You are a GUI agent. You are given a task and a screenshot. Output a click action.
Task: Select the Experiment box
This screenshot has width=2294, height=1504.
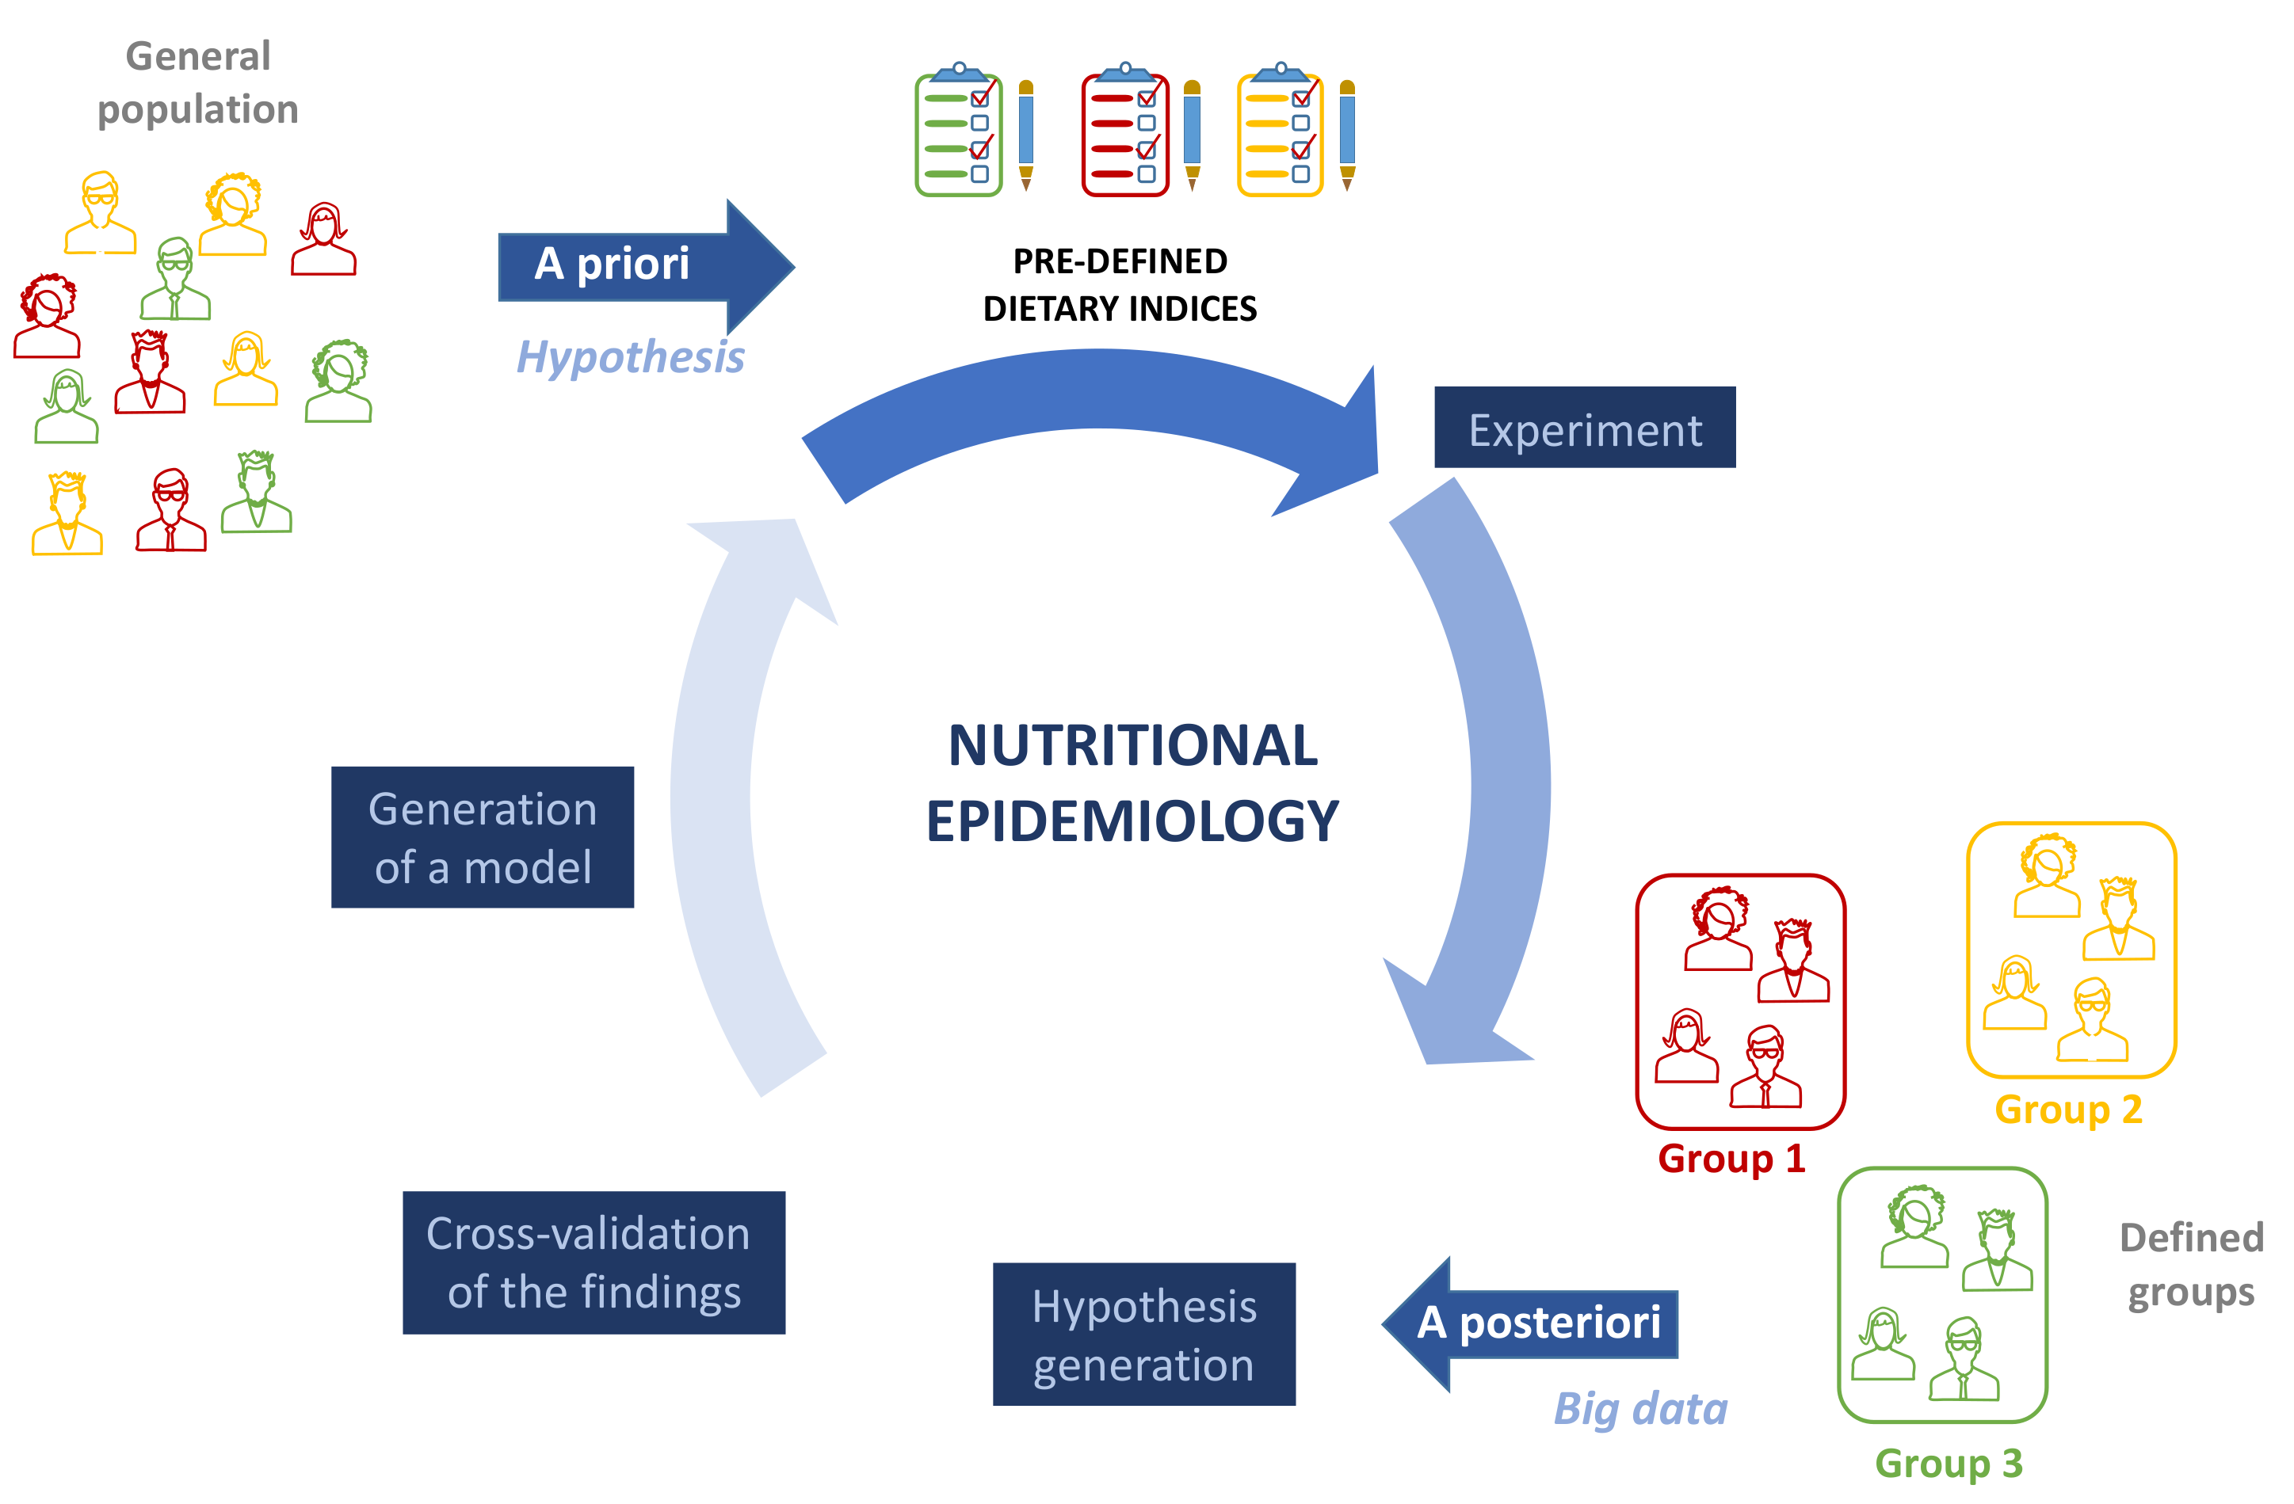click(1584, 428)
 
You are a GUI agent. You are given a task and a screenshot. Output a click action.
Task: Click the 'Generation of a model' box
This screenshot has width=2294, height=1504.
click(482, 836)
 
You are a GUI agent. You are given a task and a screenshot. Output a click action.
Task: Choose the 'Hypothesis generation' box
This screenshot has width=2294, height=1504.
click(1143, 1334)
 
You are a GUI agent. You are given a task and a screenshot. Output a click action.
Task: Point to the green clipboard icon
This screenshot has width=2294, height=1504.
click(958, 133)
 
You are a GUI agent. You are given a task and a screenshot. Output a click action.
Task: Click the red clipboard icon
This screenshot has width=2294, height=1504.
click(1125, 133)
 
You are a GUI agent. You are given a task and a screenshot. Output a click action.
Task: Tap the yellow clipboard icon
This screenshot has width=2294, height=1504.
click(1280, 133)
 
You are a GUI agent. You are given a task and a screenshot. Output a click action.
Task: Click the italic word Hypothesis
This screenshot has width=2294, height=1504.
click(631, 357)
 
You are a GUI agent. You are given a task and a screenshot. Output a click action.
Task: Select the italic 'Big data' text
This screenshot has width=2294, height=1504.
click(1639, 1409)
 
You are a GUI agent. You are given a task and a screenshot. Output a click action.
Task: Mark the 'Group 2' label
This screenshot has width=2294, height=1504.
click(2067, 1109)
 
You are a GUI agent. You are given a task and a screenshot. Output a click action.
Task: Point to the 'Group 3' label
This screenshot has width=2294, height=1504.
click(1948, 1463)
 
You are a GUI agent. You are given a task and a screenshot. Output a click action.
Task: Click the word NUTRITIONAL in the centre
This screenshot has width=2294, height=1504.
click(1132, 746)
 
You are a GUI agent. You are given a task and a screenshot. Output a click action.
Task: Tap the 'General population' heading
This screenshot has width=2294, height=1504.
click(197, 83)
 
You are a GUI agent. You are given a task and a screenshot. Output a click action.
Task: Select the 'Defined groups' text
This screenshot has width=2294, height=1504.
click(2190, 1264)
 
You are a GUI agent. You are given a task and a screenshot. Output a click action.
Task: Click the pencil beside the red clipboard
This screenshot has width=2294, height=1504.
click(1193, 135)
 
